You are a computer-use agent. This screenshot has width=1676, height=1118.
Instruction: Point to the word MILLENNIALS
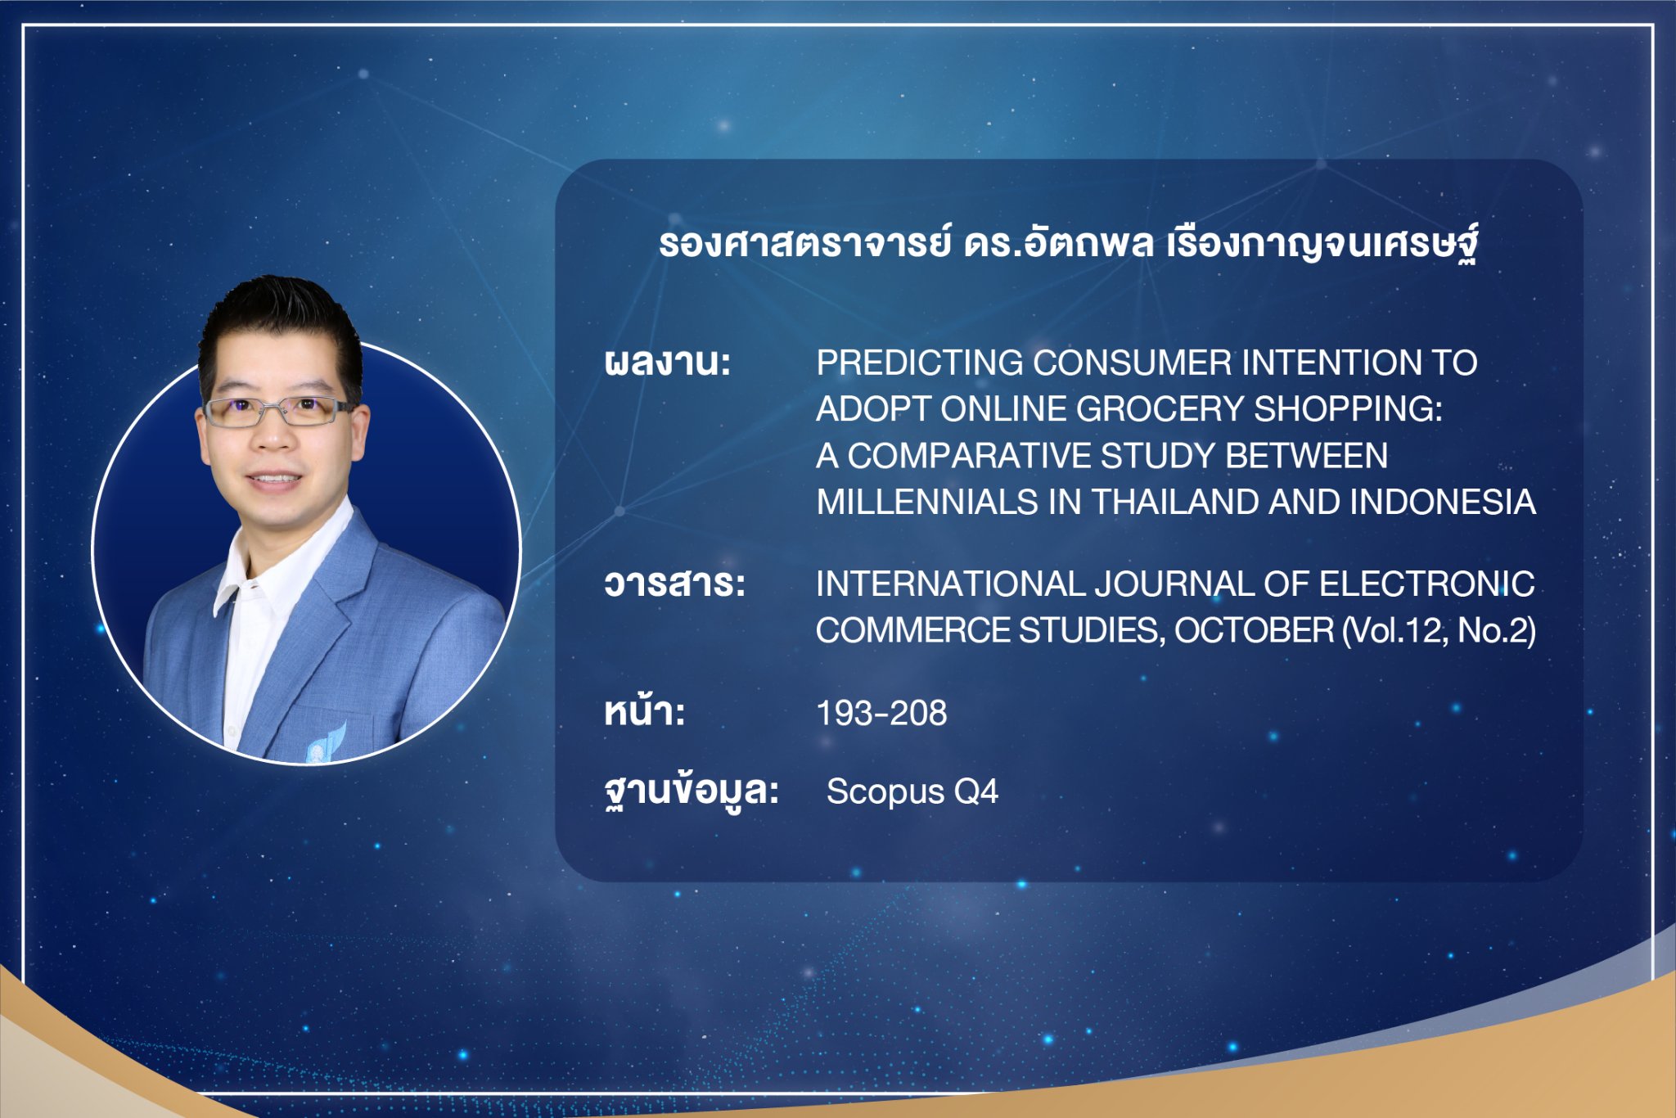(927, 502)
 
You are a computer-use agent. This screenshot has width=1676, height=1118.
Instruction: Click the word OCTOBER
(1254, 630)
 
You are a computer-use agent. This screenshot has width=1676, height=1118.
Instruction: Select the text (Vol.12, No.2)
(1439, 630)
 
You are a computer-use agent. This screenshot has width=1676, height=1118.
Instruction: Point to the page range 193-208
(881, 713)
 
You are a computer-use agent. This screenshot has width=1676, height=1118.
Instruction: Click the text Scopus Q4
(912, 791)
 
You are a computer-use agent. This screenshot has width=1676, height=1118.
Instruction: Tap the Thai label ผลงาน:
(667, 362)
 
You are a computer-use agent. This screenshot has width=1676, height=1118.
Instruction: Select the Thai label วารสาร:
(675, 584)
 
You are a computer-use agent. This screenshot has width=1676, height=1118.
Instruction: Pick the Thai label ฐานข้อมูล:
(692, 791)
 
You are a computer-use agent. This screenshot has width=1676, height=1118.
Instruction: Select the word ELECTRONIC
(1427, 584)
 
